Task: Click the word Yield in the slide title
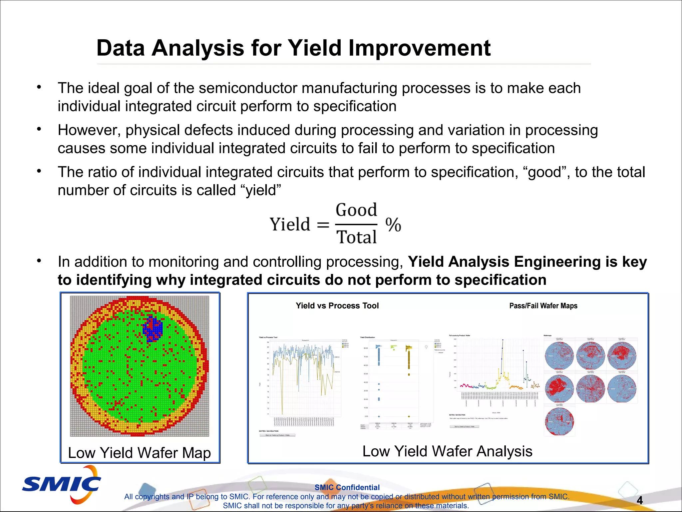coord(315,48)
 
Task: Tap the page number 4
coord(639,500)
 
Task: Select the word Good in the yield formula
coord(356,210)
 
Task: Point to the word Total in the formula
coord(356,237)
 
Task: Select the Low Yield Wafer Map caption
coord(139,453)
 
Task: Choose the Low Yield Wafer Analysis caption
coord(447,451)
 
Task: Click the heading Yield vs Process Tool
coord(337,306)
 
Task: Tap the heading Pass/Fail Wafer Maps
coord(543,306)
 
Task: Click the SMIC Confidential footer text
coord(347,487)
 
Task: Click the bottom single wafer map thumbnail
coord(559,421)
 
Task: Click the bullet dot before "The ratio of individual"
coord(39,171)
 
